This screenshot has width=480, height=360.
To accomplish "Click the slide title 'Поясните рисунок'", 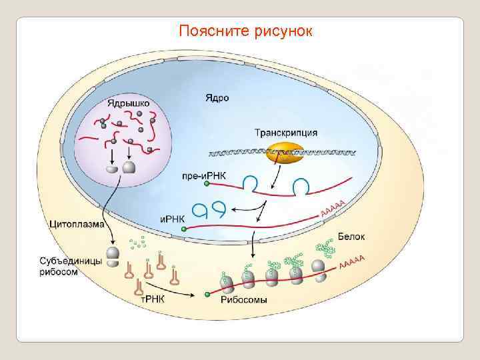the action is [x=245, y=31].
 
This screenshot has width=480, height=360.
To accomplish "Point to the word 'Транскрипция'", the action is [x=285, y=133].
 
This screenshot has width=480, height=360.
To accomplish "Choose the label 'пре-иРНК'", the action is [x=203, y=176].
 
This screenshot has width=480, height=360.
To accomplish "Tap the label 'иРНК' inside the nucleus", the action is [x=173, y=217].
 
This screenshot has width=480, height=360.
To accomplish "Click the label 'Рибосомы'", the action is [x=243, y=299].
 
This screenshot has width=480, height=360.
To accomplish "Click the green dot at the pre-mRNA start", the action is [x=207, y=183].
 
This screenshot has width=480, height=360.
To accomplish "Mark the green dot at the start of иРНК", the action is [x=184, y=229].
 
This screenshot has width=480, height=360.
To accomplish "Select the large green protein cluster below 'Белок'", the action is [x=326, y=249].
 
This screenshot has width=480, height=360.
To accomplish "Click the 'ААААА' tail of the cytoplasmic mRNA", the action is [x=353, y=263].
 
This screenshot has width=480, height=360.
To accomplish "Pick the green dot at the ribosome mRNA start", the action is [x=207, y=293].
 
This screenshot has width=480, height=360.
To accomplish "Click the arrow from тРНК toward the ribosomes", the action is [x=181, y=293].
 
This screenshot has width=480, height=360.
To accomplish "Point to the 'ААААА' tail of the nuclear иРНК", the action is [x=333, y=208].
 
